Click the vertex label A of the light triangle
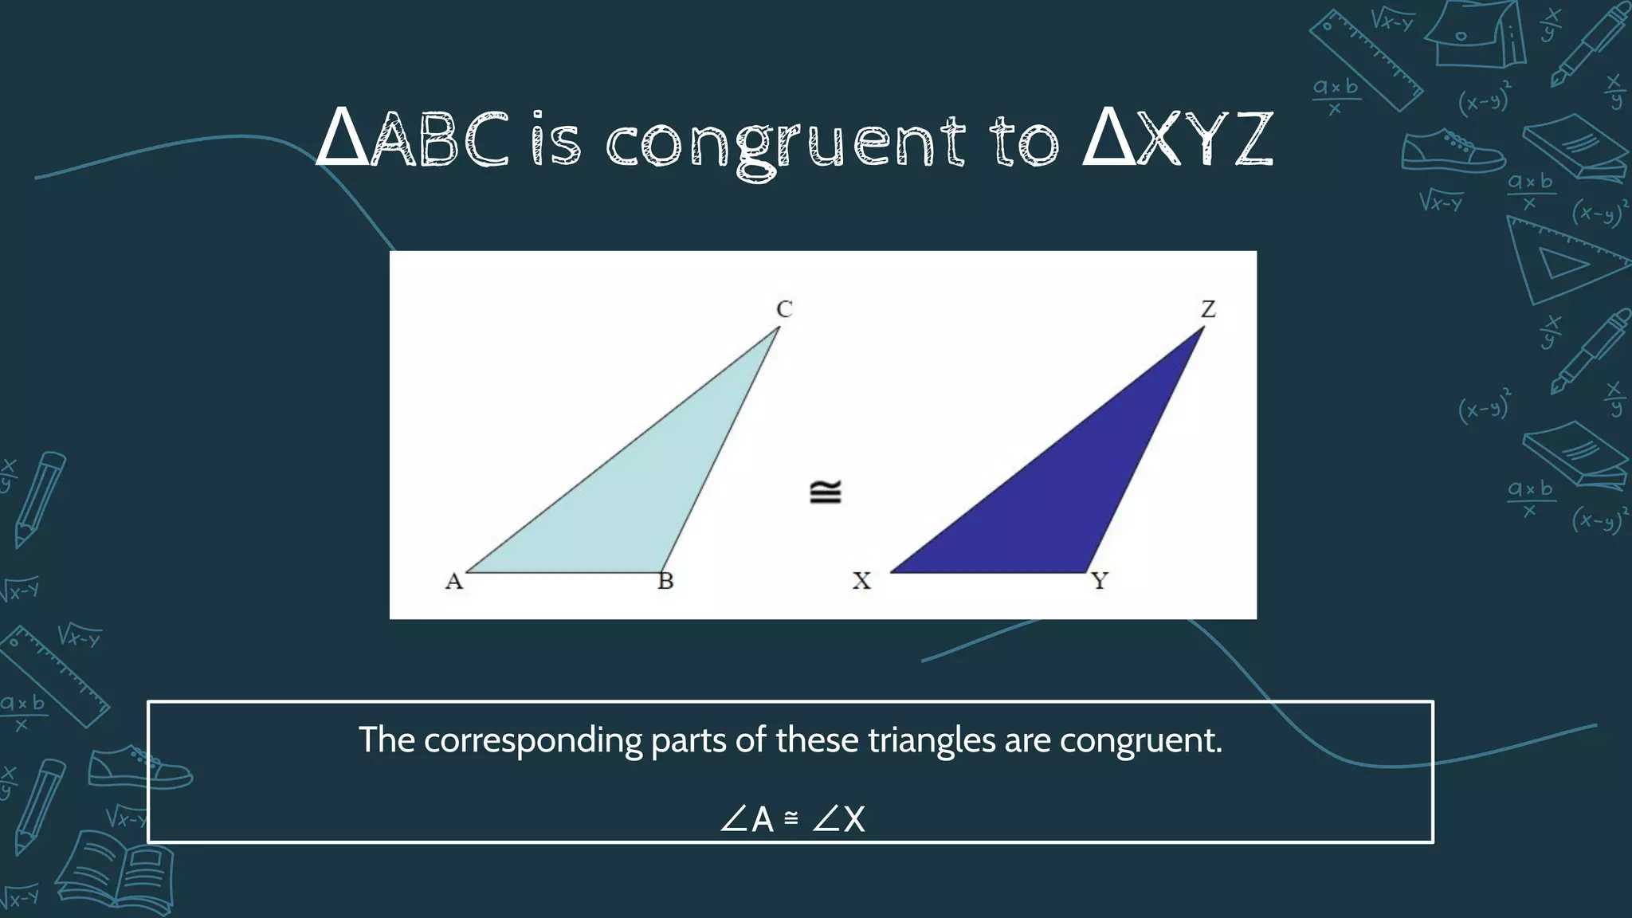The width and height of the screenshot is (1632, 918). coord(453,582)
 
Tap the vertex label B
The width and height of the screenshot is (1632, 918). coord(665,582)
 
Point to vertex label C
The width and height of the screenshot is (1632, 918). coord(784,309)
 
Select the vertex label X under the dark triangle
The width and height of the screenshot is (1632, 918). coord(861,582)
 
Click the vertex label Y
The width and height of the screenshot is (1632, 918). coord(1100,582)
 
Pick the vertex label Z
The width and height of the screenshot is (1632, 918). coord(1208,309)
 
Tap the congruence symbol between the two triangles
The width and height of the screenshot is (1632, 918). coord(825,492)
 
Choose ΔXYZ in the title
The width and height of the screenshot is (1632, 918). coord(1177,141)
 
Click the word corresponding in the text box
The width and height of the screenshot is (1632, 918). coord(532,740)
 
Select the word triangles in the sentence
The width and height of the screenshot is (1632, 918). coord(931,740)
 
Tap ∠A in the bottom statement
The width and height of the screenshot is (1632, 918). coord(747,819)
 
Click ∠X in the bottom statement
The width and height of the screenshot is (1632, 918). coord(839,819)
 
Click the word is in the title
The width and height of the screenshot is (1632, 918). coord(556,141)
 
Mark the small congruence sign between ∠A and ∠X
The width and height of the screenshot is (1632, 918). coord(791,818)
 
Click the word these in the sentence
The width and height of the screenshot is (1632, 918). coord(818,740)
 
